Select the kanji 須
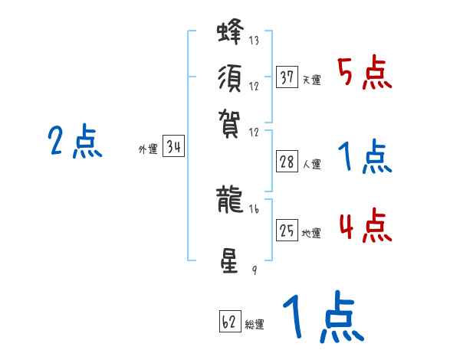pyautogui.click(x=229, y=80)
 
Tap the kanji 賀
pyautogui.click(x=229, y=120)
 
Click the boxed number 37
pyautogui.click(x=287, y=77)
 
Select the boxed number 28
pyautogui.click(x=287, y=162)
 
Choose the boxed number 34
pyautogui.click(x=173, y=147)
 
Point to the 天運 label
pyautogui.click(x=311, y=80)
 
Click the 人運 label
pyautogui.click(x=311, y=164)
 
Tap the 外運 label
pyautogui.click(x=148, y=150)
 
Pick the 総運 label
pyautogui.click(x=255, y=324)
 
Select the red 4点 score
pyautogui.click(x=364, y=227)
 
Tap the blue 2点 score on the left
pyautogui.click(x=75, y=142)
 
